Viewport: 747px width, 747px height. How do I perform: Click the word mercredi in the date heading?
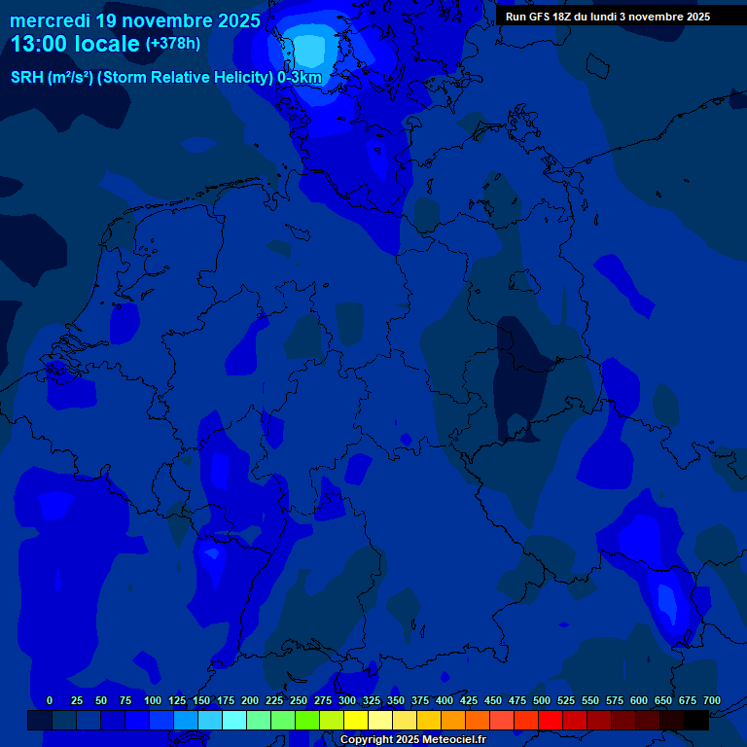(x=50, y=20)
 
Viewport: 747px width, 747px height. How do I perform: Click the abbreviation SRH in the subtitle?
(x=27, y=78)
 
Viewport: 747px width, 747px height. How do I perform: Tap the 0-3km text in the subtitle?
(x=300, y=78)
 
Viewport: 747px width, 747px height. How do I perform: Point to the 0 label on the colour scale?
(x=50, y=700)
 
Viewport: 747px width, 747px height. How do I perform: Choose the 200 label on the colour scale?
(x=250, y=700)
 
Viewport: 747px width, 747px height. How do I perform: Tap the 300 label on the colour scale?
(x=347, y=700)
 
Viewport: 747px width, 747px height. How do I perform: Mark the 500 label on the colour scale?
(x=542, y=700)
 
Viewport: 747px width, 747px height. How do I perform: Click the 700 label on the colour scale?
(x=712, y=700)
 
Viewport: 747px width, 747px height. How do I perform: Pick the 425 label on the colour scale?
(x=469, y=700)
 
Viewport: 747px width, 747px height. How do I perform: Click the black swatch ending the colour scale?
(x=696, y=720)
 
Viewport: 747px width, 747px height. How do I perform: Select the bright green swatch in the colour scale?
(x=307, y=720)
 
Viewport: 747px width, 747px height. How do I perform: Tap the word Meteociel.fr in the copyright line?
(x=447, y=740)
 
